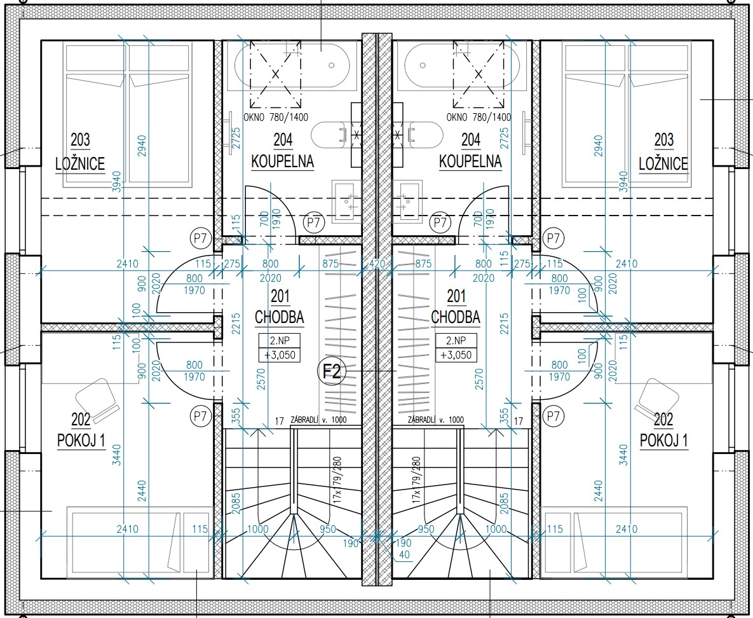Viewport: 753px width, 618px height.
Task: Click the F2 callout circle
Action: [x=332, y=371]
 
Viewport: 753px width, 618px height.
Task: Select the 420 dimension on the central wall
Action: [x=377, y=264]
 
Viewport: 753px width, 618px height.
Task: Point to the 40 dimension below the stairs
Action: [x=404, y=554]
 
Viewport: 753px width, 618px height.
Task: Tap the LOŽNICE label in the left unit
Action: [x=80, y=164]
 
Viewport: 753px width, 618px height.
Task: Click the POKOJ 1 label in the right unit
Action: [x=663, y=440]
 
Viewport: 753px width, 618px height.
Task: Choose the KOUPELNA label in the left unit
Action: [x=282, y=161]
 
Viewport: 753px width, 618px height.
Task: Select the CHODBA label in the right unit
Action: [x=455, y=317]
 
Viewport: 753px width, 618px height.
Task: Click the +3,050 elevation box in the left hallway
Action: [x=280, y=355]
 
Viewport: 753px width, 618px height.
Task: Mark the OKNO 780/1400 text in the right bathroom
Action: [x=478, y=117]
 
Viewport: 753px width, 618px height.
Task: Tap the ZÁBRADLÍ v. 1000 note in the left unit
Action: [x=318, y=420]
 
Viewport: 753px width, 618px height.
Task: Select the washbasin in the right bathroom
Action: [x=407, y=202]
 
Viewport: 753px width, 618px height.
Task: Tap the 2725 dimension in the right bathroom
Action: [x=504, y=139]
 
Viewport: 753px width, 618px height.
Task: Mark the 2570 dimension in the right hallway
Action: [x=478, y=379]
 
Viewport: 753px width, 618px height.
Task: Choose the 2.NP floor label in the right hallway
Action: [x=456, y=341]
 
